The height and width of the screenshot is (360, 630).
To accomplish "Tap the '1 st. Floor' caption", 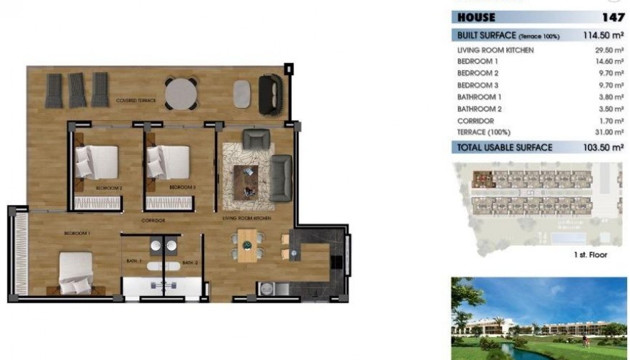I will pos(590,254).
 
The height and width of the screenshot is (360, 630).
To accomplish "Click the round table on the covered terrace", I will pos(181,93).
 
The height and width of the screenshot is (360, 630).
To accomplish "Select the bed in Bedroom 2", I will pos(98,162).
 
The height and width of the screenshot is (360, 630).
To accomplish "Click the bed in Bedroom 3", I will pos(170,162).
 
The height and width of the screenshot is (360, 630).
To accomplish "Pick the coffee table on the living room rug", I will pos(248,176).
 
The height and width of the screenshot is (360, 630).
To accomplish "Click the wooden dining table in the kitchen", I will pos(246,245).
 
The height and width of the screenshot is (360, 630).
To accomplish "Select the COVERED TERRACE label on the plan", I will pos(136,101).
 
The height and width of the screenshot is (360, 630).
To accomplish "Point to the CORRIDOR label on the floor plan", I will pos(154,220).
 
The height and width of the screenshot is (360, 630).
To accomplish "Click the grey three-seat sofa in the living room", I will pos(281,177).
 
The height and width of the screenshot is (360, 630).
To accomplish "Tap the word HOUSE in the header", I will pos(476,17).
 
